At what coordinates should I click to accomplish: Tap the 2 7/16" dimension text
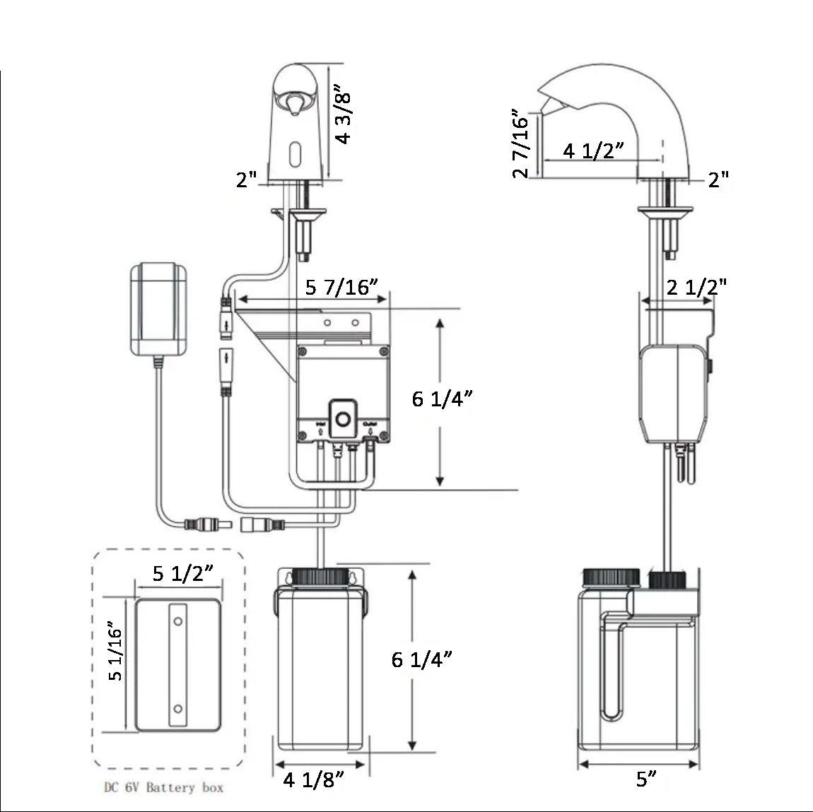(x=521, y=143)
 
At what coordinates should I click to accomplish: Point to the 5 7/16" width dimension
(x=342, y=288)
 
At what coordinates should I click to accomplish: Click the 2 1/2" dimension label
(x=697, y=286)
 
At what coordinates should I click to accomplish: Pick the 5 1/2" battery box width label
(x=183, y=573)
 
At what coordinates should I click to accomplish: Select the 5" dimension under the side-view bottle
(x=645, y=779)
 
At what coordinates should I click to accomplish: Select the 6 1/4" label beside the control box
(x=443, y=400)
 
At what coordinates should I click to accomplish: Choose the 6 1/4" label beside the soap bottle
(x=422, y=659)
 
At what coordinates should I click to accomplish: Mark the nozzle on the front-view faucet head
(x=292, y=105)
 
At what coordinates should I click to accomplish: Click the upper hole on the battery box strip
(x=177, y=620)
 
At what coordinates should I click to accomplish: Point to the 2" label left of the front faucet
(x=247, y=180)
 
